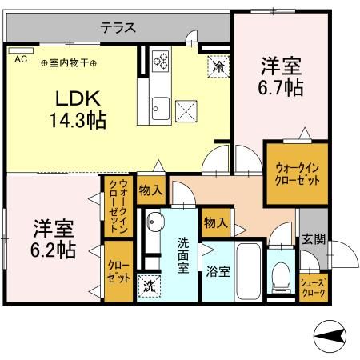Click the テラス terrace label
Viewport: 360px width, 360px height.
click(x=118, y=27)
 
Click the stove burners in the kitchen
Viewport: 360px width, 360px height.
click(x=160, y=63)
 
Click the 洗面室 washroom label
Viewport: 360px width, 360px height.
click(x=182, y=255)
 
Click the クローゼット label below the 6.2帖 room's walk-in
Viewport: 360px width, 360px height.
click(x=118, y=271)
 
